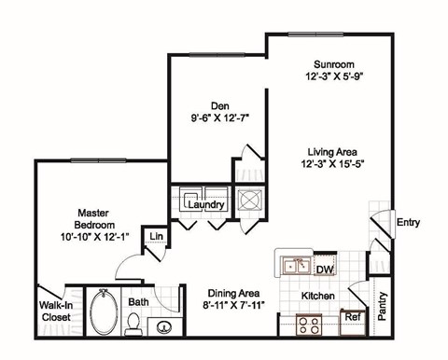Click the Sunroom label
click(332, 65)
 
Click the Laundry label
click(206, 204)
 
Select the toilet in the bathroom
click(133, 325)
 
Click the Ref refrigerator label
click(352, 317)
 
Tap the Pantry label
click(381, 305)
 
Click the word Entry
click(408, 222)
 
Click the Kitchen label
click(318, 296)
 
